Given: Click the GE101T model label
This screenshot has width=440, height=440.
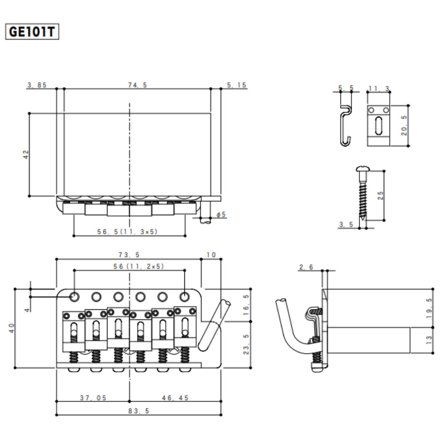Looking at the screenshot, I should pyautogui.click(x=31, y=32).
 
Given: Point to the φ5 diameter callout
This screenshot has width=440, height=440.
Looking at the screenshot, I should pyautogui.click(x=221, y=214).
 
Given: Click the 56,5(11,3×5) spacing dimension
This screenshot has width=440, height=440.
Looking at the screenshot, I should pyautogui.click(x=127, y=231).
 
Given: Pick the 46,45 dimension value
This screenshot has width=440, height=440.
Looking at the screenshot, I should pyautogui.click(x=175, y=397).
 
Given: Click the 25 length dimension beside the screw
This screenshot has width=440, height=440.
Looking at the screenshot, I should pyautogui.click(x=381, y=195).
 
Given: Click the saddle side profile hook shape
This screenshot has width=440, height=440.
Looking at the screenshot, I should pyautogui.click(x=346, y=125).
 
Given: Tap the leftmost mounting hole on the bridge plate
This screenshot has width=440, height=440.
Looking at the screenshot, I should pyautogui.click(x=74, y=297).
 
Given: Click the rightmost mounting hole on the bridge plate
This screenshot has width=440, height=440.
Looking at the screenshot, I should pyautogui.click(x=184, y=297).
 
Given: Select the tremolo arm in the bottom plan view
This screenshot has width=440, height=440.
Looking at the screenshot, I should pyautogui.click(x=215, y=324).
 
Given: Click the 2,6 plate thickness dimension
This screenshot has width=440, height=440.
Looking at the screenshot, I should pyautogui.click(x=306, y=267).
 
